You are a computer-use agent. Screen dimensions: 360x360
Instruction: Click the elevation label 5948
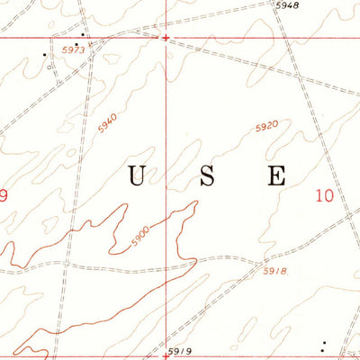pyautogui.click(x=286, y=5)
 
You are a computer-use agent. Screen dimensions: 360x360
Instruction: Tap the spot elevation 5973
pyautogui.click(x=74, y=51)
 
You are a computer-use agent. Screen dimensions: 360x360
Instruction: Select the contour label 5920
pyautogui.click(x=266, y=128)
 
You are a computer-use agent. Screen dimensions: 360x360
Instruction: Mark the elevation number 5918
pyautogui.click(x=274, y=270)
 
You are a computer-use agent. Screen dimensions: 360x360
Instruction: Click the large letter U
pyautogui.click(x=137, y=176)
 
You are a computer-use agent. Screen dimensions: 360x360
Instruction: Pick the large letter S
pyautogui.click(x=207, y=176)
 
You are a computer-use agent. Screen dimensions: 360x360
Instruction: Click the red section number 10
pyautogui.click(x=326, y=194)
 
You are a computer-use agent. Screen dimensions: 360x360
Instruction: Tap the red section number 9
pyautogui.click(x=4, y=194)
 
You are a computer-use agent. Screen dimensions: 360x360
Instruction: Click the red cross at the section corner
pyautogui.click(x=166, y=38)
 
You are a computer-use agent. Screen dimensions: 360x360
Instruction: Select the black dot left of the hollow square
pyautogui.click(x=44, y=54)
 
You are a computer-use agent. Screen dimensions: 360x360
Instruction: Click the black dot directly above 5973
pyautogui.click(x=83, y=35)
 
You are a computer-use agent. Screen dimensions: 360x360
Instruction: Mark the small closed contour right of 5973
pyautogui.click(x=105, y=56)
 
